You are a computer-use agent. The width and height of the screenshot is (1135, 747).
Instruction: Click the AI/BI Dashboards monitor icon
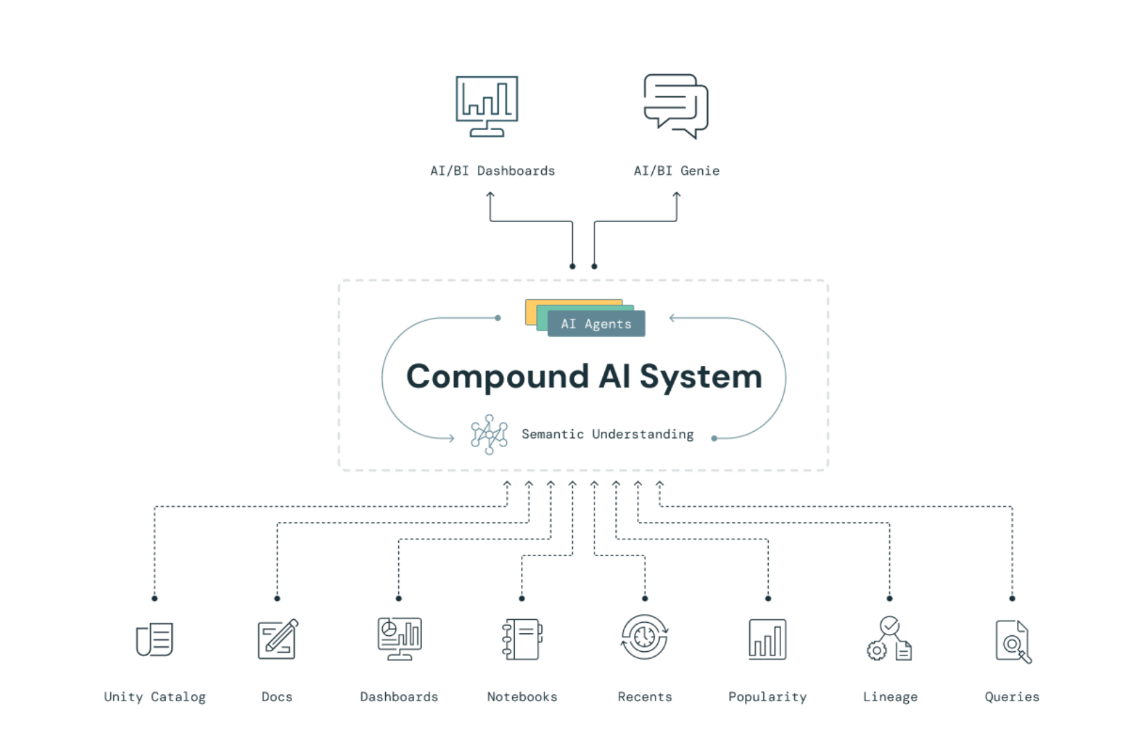tap(487, 106)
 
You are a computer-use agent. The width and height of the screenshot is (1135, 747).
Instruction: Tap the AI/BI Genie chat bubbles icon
tap(676, 106)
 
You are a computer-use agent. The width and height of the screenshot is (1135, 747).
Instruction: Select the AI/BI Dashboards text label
tap(493, 171)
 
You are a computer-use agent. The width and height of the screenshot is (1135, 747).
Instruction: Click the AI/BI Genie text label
tap(676, 171)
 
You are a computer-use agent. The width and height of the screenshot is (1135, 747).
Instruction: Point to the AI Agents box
tap(597, 324)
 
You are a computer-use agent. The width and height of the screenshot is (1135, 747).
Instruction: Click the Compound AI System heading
tap(584, 376)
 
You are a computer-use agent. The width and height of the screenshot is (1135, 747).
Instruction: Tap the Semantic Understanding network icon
tap(489, 435)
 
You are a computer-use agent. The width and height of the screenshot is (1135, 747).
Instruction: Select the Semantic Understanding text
tap(608, 435)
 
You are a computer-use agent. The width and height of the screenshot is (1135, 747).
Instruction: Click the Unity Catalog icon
tap(155, 639)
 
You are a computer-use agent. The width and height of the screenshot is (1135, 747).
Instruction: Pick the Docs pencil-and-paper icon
tap(278, 639)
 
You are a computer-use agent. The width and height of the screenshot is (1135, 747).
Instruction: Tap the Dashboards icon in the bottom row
tap(400, 639)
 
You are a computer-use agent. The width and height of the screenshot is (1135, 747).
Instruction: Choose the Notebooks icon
tap(522, 639)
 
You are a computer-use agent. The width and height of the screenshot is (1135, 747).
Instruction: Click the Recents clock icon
tap(645, 637)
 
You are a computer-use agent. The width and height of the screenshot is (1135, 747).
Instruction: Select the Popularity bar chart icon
tap(767, 639)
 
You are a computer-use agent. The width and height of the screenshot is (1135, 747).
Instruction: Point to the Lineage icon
tap(889, 639)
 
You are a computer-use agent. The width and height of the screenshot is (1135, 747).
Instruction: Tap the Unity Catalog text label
tap(155, 697)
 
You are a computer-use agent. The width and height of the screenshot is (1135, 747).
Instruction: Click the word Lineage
tap(890, 697)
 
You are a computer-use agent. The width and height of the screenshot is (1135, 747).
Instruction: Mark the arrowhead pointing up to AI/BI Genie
tap(676, 195)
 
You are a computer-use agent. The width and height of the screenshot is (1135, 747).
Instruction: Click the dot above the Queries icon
tap(1012, 598)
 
